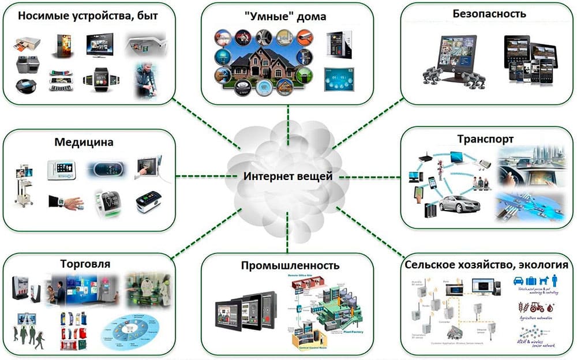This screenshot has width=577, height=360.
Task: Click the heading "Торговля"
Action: [85, 264]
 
